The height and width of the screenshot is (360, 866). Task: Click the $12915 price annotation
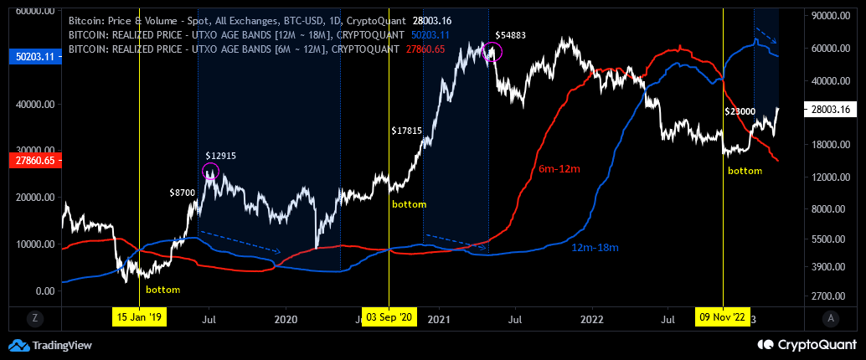222,157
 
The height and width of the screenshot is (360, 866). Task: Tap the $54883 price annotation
510,35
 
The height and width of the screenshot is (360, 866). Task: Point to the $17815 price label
409,131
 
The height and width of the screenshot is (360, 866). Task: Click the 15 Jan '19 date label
140,317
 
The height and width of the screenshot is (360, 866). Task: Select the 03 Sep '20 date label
389,317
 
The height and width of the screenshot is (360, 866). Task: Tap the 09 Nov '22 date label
722,317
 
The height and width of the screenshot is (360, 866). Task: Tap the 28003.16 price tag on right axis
833,109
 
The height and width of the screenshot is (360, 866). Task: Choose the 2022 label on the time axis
592,319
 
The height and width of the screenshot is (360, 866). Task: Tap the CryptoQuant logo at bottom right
806,345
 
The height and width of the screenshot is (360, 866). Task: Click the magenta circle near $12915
210,172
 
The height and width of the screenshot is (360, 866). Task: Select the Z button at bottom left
34,318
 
